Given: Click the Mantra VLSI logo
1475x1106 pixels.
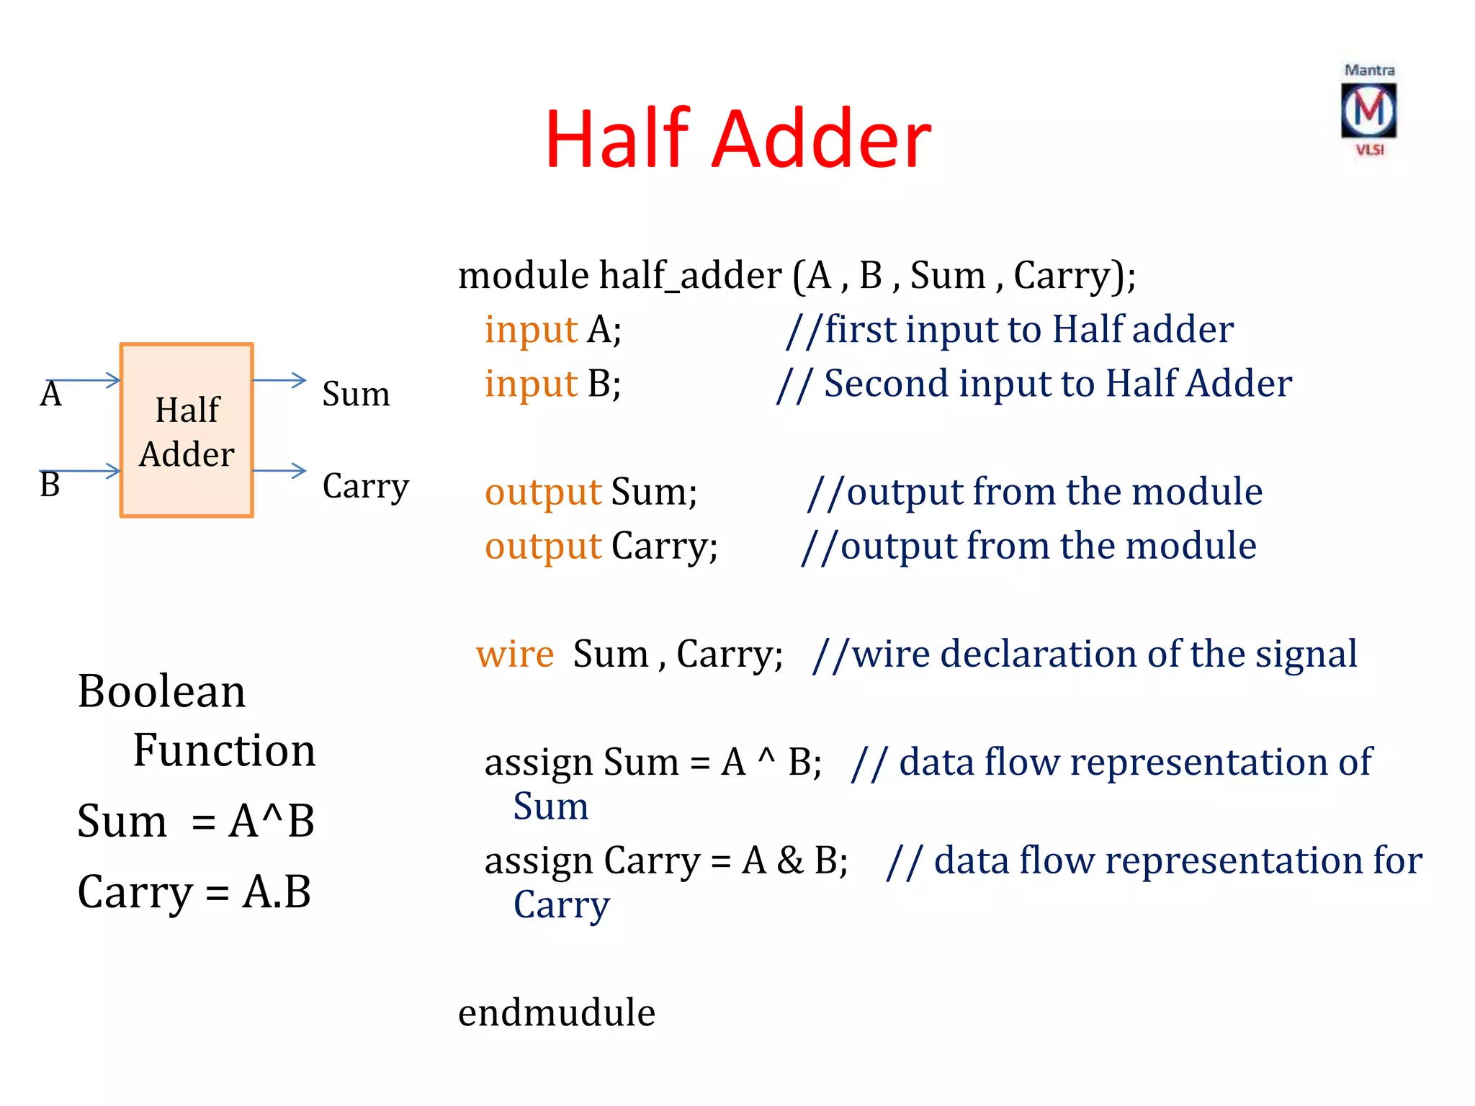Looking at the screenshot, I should pyautogui.click(x=1368, y=110).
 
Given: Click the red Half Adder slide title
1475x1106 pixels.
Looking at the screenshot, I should pyautogui.click(x=737, y=138).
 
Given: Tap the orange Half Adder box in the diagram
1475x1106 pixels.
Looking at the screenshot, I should pyautogui.click(x=187, y=431).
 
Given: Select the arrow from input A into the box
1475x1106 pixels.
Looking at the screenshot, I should pyautogui.click(x=84, y=380).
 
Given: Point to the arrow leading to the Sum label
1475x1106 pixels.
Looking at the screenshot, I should pyautogui.click(x=279, y=380).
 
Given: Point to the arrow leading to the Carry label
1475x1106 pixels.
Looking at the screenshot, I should pyautogui.click(x=279, y=471).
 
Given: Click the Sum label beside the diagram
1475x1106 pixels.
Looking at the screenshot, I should pyautogui.click(x=356, y=394).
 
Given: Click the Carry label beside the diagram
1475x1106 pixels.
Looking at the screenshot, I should pyautogui.click(x=365, y=486).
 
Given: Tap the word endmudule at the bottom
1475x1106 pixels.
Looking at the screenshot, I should pyautogui.click(x=557, y=1012).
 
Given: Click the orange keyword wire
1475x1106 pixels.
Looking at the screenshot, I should pyautogui.click(x=515, y=654).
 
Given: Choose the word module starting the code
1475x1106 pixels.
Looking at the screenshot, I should pyautogui.click(x=524, y=275).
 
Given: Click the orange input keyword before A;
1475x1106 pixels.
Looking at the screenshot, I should pyautogui.click(x=531, y=331).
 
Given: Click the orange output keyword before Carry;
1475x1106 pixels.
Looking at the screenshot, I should pyautogui.click(x=543, y=546).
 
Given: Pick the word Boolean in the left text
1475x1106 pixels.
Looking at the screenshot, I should pyautogui.click(x=161, y=691).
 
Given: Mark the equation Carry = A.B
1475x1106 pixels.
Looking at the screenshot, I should pyautogui.click(x=194, y=891).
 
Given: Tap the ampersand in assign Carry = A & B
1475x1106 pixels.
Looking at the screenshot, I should pyautogui.click(x=790, y=860).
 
